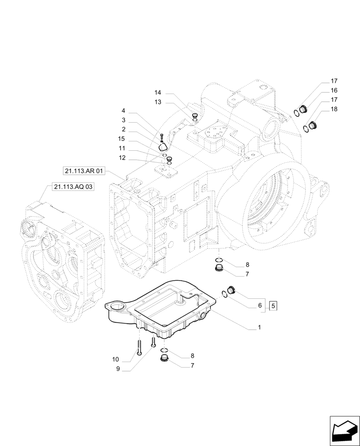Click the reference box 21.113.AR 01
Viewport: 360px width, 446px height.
click(x=84, y=170)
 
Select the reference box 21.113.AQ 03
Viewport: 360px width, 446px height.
click(x=73, y=187)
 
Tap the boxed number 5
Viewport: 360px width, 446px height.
click(x=274, y=306)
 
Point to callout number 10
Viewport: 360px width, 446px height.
click(x=116, y=359)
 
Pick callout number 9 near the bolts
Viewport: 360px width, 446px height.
click(x=118, y=368)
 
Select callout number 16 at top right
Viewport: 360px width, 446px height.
click(x=334, y=91)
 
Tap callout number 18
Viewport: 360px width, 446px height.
click(x=334, y=109)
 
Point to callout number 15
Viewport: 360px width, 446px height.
click(x=122, y=139)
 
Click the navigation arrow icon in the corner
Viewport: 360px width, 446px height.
click(x=344, y=431)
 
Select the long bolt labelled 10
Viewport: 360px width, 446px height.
click(x=139, y=347)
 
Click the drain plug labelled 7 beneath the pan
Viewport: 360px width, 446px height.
click(x=164, y=360)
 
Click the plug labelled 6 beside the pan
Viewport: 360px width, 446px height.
click(x=231, y=290)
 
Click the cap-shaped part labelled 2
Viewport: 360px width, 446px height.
click(x=164, y=145)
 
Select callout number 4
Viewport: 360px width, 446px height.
click(x=123, y=111)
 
